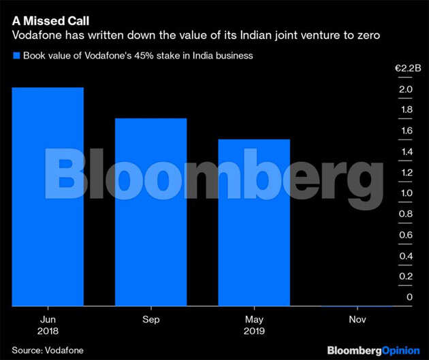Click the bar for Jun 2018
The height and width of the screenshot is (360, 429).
point(48,197)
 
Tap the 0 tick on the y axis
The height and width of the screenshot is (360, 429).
point(409,297)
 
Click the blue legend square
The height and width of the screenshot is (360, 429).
point(16,56)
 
